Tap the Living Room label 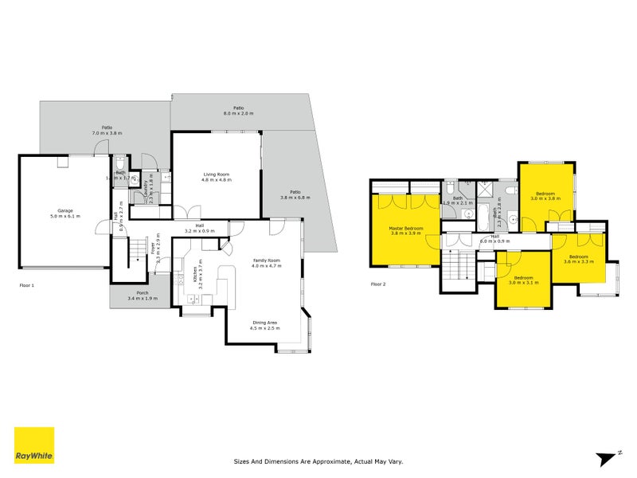click(x=215, y=177)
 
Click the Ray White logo click(x=34, y=445)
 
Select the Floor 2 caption click(x=379, y=284)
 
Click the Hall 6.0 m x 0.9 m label click(x=494, y=238)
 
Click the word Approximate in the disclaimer click(x=332, y=460)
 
